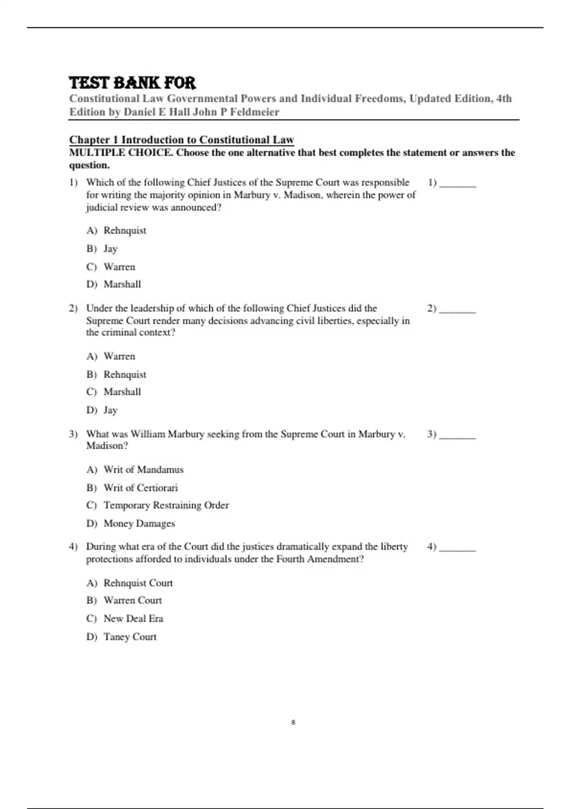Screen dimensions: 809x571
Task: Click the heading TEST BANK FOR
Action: click(132, 83)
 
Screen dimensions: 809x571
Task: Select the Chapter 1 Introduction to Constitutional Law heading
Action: click(181, 139)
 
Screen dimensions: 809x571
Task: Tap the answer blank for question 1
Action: click(457, 183)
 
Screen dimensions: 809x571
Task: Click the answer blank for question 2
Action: click(457, 309)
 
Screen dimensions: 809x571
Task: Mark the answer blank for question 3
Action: click(457, 435)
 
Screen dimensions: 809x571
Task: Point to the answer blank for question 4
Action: click(457, 548)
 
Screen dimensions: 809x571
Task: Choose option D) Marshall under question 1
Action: click(122, 285)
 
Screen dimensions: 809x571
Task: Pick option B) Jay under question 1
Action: click(110, 249)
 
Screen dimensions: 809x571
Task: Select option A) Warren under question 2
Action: click(119, 356)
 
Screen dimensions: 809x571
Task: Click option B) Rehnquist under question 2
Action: click(125, 375)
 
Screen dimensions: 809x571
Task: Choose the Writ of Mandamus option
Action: click(143, 470)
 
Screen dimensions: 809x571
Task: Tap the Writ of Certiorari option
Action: click(140, 488)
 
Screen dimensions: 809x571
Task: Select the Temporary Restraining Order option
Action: click(166, 505)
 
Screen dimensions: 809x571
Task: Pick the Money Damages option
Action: click(139, 523)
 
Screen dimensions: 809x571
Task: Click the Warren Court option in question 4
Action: click(132, 601)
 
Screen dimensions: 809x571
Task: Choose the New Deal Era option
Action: click(133, 619)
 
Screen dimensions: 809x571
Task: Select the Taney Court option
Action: click(130, 637)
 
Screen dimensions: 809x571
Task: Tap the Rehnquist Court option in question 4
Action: click(138, 583)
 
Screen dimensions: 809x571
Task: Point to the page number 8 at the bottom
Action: click(293, 722)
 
